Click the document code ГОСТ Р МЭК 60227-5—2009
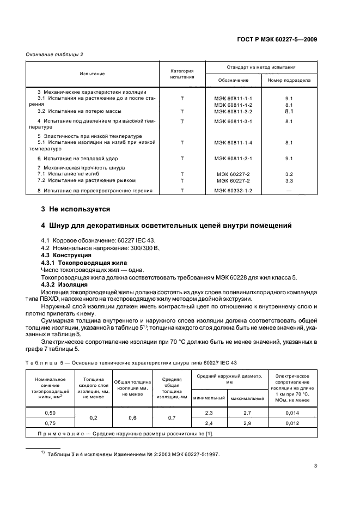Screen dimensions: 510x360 point(277,39)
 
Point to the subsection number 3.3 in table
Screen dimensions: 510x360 point(289,180)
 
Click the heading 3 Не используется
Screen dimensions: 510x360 point(76,209)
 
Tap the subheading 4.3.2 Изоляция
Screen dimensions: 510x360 point(64,284)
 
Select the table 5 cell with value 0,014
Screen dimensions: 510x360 point(293,414)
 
